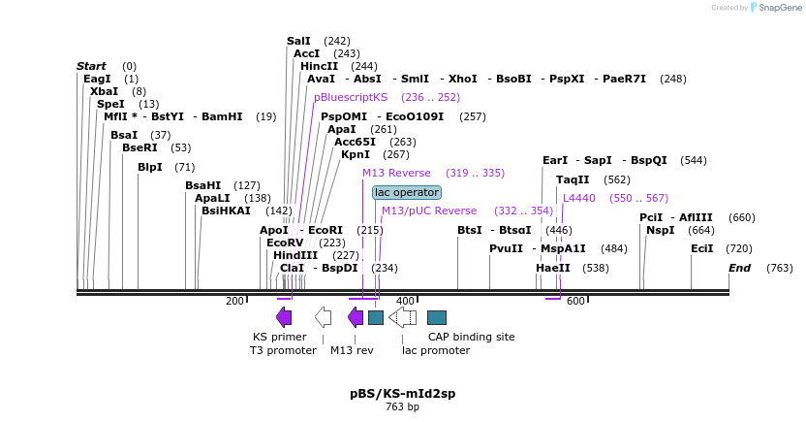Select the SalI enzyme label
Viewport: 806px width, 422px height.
(x=298, y=41)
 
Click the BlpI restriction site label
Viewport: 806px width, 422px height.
(x=150, y=167)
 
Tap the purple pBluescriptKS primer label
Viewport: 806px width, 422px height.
(x=350, y=97)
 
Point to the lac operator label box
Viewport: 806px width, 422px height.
(x=407, y=192)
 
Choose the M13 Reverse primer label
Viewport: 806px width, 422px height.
(x=396, y=173)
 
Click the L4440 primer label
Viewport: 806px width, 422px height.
(x=578, y=198)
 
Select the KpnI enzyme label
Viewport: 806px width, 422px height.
(x=356, y=154)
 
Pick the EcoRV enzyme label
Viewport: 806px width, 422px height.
(x=285, y=243)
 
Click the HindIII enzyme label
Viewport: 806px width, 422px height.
(x=294, y=255)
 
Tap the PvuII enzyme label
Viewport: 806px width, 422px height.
(x=506, y=248)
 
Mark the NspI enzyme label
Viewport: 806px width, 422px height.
(x=660, y=230)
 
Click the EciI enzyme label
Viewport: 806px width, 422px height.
(x=701, y=248)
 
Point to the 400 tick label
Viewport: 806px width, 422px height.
(x=405, y=302)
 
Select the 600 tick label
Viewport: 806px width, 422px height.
(x=575, y=302)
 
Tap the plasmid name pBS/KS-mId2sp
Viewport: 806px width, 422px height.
(x=402, y=394)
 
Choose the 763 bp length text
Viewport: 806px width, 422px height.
(x=402, y=407)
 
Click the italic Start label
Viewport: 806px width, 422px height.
(x=91, y=66)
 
